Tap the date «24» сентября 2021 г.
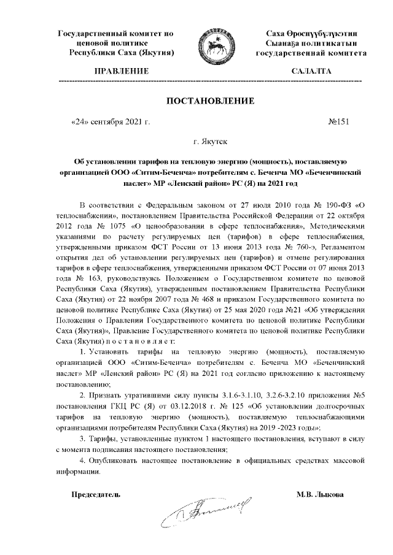(x=111, y=121)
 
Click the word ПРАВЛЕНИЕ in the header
(x=121, y=72)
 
